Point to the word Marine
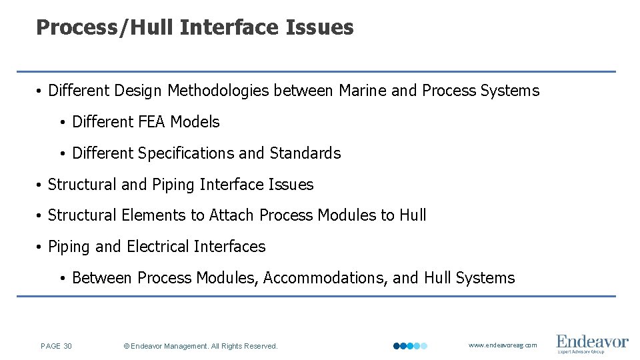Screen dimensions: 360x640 point(363,91)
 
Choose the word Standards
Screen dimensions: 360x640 point(305,153)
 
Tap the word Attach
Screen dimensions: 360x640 point(232,215)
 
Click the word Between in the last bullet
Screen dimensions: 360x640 point(99,278)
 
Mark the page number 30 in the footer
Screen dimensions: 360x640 point(68,346)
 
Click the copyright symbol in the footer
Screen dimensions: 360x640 point(127,346)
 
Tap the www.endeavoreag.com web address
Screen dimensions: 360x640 point(503,345)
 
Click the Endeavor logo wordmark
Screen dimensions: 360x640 point(592,341)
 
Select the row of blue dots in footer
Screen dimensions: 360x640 point(410,346)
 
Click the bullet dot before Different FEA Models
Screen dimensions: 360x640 point(61,123)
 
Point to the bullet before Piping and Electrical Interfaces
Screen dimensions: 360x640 point(40,247)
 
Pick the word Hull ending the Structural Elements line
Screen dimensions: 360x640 point(413,215)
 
